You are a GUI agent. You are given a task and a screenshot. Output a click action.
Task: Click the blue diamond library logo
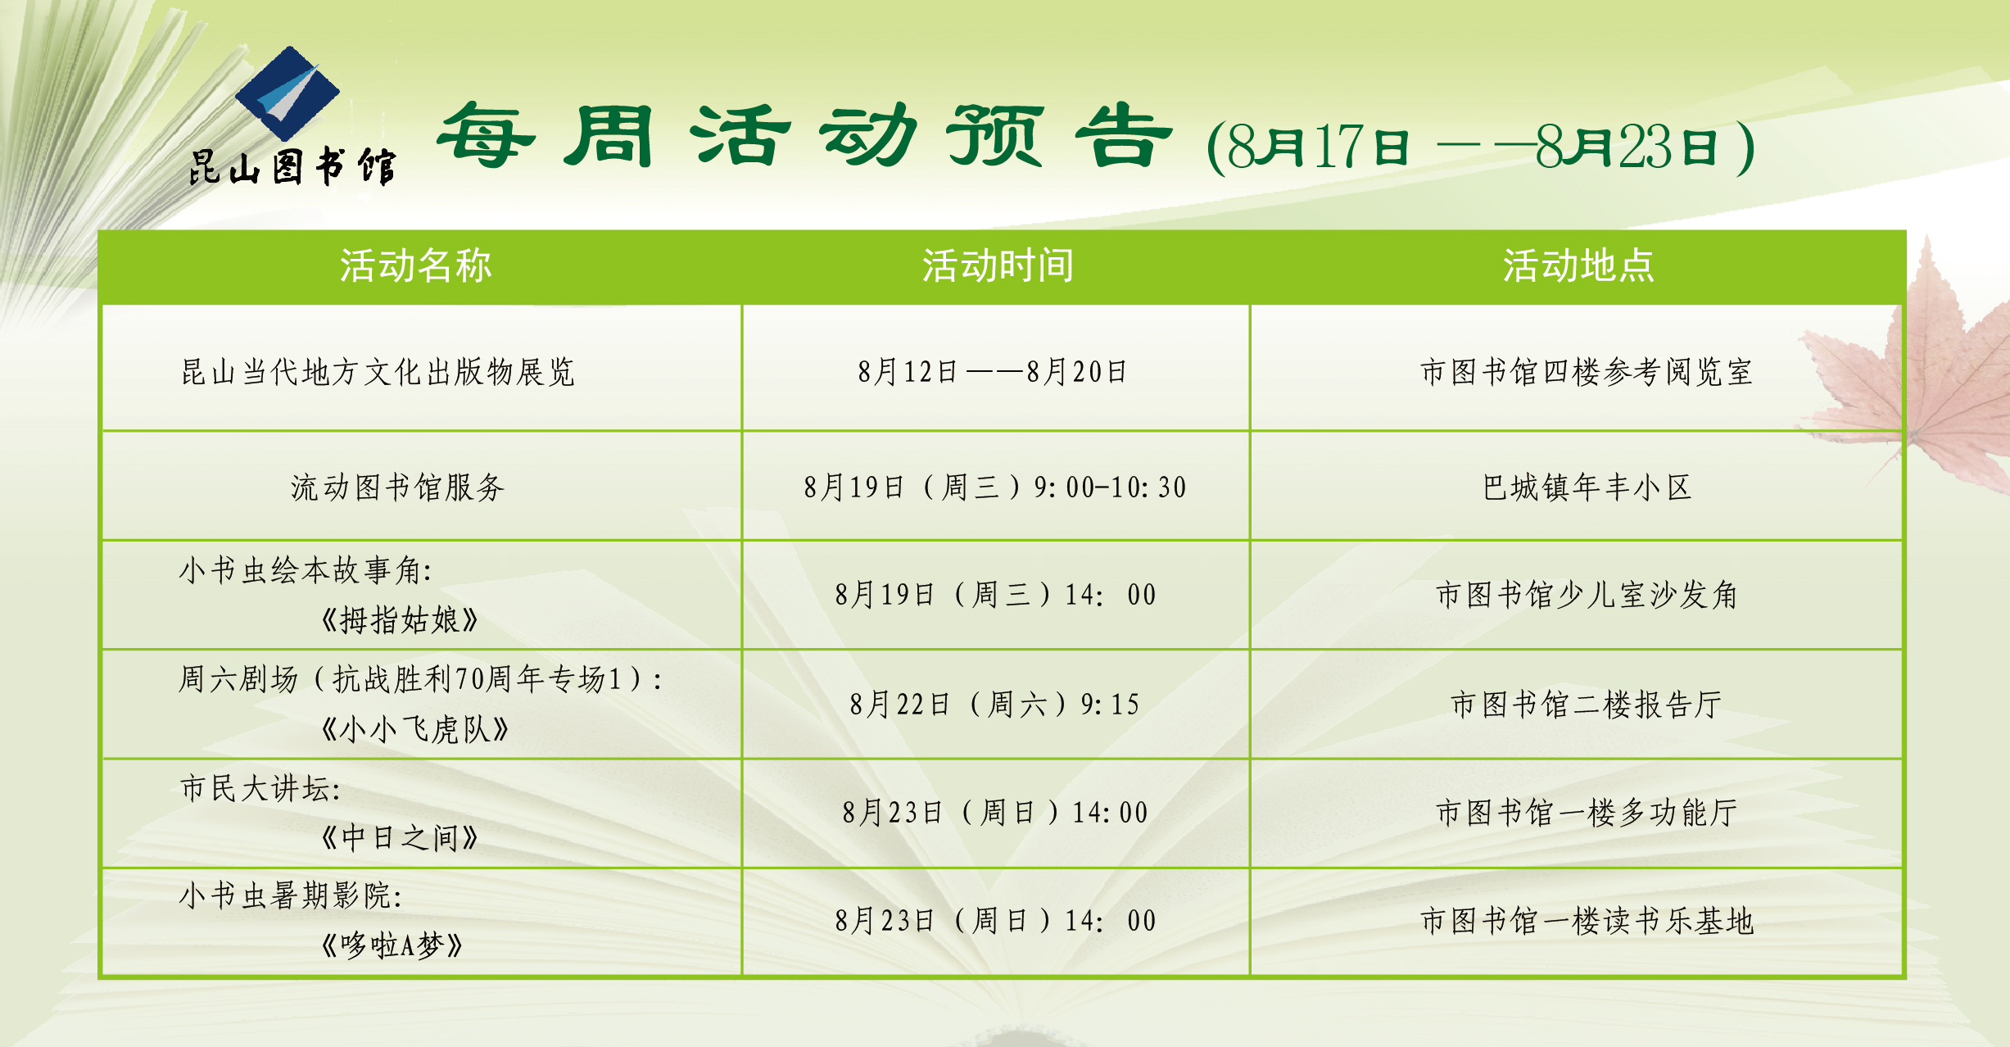[287, 93]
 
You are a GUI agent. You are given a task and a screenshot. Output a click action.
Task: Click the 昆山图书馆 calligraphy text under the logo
[292, 167]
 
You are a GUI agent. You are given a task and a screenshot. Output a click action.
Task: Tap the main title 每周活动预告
[804, 136]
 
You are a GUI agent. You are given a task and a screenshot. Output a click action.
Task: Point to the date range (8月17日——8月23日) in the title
[1480, 147]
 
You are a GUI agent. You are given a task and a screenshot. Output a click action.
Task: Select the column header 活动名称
[416, 266]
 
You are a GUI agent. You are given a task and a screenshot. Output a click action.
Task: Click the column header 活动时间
[998, 266]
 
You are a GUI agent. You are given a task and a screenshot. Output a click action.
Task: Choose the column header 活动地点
[1578, 266]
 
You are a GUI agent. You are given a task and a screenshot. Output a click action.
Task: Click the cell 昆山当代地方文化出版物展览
[378, 372]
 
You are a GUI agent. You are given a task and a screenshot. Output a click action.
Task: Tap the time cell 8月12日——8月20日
[993, 372]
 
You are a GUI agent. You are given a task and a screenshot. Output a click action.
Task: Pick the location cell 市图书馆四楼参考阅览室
[1587, 372]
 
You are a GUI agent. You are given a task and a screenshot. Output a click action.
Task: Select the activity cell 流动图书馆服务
[397, 487]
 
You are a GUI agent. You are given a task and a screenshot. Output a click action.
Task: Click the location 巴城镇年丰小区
[1587, 487]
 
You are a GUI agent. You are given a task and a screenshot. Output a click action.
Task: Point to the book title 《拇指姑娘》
[399, 620]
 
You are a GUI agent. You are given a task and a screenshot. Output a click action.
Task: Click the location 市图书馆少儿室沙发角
[1587, 595]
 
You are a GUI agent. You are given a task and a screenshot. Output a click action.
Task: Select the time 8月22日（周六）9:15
[994, 705]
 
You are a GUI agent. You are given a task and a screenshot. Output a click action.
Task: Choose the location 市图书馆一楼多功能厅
[1587, 813]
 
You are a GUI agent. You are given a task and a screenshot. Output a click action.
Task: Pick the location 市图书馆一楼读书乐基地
[1587, 921]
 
